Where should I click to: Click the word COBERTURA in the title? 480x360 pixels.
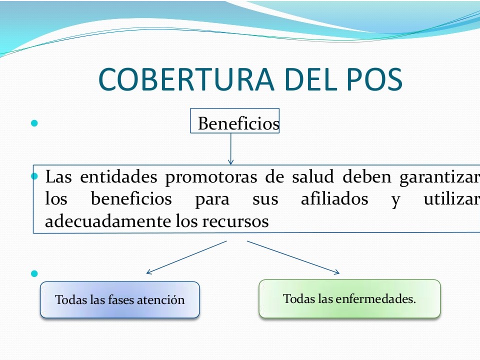pos(186,79)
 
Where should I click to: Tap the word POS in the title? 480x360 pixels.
pos(374,79)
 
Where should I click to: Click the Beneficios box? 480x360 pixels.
pos(235,120)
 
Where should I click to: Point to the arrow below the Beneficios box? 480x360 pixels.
pos(231,149)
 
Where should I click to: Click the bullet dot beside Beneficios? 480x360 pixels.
pos(34,123)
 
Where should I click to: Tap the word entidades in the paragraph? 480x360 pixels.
pos(119,176)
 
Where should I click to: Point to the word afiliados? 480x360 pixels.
pos(334,198)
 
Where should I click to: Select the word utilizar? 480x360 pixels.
pos(452,198)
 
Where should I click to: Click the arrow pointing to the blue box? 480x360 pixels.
pos(186,257)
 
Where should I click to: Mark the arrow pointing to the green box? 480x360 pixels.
pos(293,257)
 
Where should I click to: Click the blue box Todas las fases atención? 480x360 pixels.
pos(120,300)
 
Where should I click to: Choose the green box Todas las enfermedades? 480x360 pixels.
pos(349,299)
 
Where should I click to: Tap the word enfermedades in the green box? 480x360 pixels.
pos(376,299)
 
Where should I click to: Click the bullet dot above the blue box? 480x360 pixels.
pos(34,273)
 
